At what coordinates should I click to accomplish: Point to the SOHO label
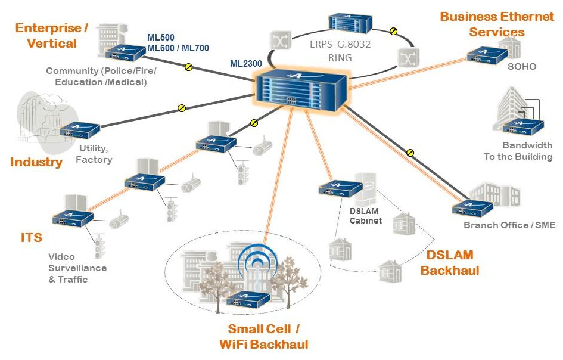tap(522, 66)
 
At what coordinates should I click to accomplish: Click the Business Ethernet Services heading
tap(497, 24)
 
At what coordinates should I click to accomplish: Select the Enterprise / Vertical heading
tap(52, 36)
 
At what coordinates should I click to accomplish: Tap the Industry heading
tap(36, 162)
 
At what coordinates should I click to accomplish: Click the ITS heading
tap(31, 238)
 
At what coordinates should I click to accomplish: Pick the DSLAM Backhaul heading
tap(450, 263)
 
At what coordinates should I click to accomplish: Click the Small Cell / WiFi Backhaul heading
tap(263, 336)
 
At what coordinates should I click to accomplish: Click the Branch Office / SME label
tap(509, 225)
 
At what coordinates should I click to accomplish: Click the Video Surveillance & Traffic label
tap(77, 268)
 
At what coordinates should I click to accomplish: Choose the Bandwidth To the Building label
tap(518, 151)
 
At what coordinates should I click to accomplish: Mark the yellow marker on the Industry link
tap(182, 108)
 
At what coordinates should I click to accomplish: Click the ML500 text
tap(161, 38)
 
